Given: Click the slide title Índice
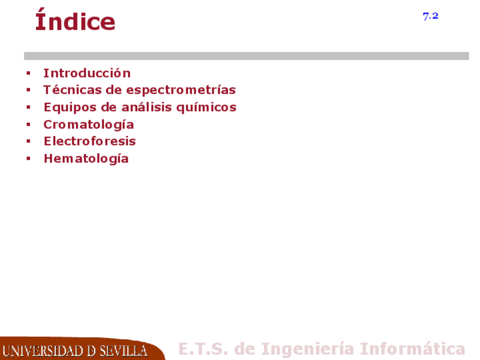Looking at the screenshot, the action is point(75,20).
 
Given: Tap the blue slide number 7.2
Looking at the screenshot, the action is point(430,16).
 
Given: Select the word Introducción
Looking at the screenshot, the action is point(87,73).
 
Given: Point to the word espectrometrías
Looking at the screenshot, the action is point(181,91).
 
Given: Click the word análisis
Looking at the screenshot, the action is point(145,107).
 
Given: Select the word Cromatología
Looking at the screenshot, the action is point(89,125).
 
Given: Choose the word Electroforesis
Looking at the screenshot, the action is point(89,141).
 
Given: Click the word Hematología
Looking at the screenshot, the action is point(86,159).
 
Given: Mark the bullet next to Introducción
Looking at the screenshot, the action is point(28,73).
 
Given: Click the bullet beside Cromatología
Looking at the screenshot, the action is point(28,125).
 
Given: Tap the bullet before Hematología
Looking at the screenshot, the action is point(28,158).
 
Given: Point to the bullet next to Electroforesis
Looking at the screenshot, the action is point(28,141).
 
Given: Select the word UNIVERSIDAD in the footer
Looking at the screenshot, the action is point(42,351).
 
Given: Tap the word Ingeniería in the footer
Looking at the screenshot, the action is point(308,349).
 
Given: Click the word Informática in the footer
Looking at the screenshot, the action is point(412,349).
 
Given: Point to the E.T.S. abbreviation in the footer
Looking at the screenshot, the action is point(203,349).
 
